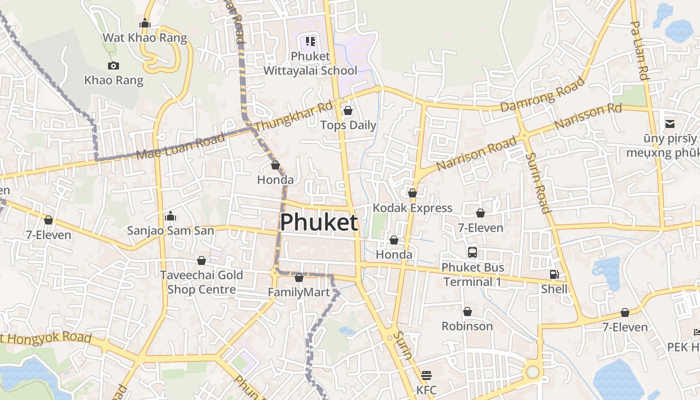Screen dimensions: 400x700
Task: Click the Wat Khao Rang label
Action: [144, 38]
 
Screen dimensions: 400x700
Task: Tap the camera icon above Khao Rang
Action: [113, 65]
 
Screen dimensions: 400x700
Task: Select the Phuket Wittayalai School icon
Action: [310, 41]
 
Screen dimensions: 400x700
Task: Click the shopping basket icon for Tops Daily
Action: [348, 110]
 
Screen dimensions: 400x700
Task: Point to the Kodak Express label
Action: [412, 208]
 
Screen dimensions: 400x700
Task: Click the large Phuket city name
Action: [319, 222]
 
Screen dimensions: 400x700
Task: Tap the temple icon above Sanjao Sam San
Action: [170, 216]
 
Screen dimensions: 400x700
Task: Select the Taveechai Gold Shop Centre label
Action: [201, 282]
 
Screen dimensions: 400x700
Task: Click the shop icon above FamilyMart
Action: [299, 277]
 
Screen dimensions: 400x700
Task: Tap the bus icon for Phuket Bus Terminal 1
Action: [472, 252]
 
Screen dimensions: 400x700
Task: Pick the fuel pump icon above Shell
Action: [554, 274]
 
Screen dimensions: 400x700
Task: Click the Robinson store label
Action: [467, 326]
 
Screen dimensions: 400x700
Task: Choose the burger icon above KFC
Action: [426, 375]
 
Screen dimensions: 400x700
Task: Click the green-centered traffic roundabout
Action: [533, 372]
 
